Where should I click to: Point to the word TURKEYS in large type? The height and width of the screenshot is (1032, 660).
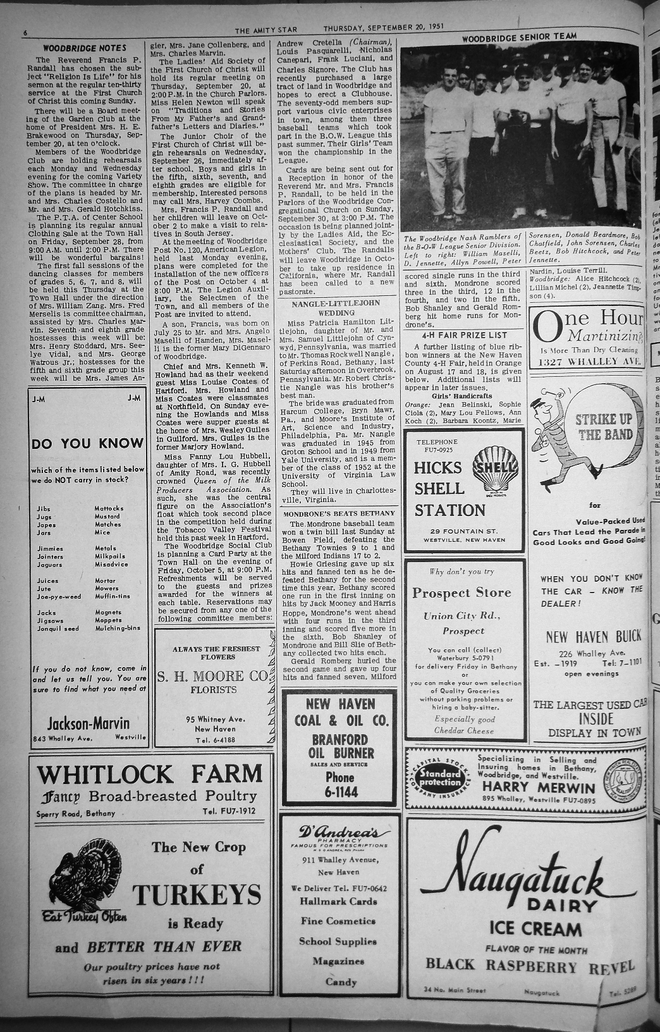197,895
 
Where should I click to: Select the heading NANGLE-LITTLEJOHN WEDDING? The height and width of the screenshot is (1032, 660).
336,308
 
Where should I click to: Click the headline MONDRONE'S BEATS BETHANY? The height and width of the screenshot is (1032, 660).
336,513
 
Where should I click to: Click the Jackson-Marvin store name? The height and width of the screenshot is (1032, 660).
89,723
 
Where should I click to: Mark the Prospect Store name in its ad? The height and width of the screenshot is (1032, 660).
461,593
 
